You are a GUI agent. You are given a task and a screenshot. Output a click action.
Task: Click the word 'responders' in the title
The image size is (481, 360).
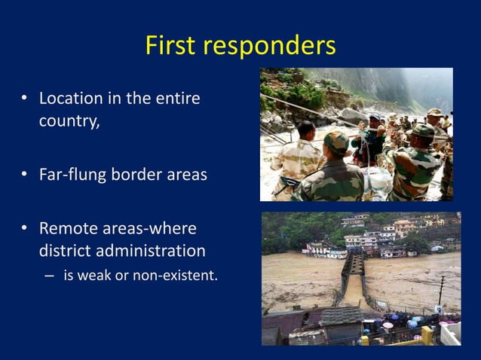tap(271, 47)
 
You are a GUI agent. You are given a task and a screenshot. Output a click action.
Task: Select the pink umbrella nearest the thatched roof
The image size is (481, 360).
tap(388, 325)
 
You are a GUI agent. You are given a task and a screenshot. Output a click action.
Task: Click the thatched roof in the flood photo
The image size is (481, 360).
tap(342, 316)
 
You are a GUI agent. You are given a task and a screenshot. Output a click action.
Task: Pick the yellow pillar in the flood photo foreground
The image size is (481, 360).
tap(427, 335)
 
